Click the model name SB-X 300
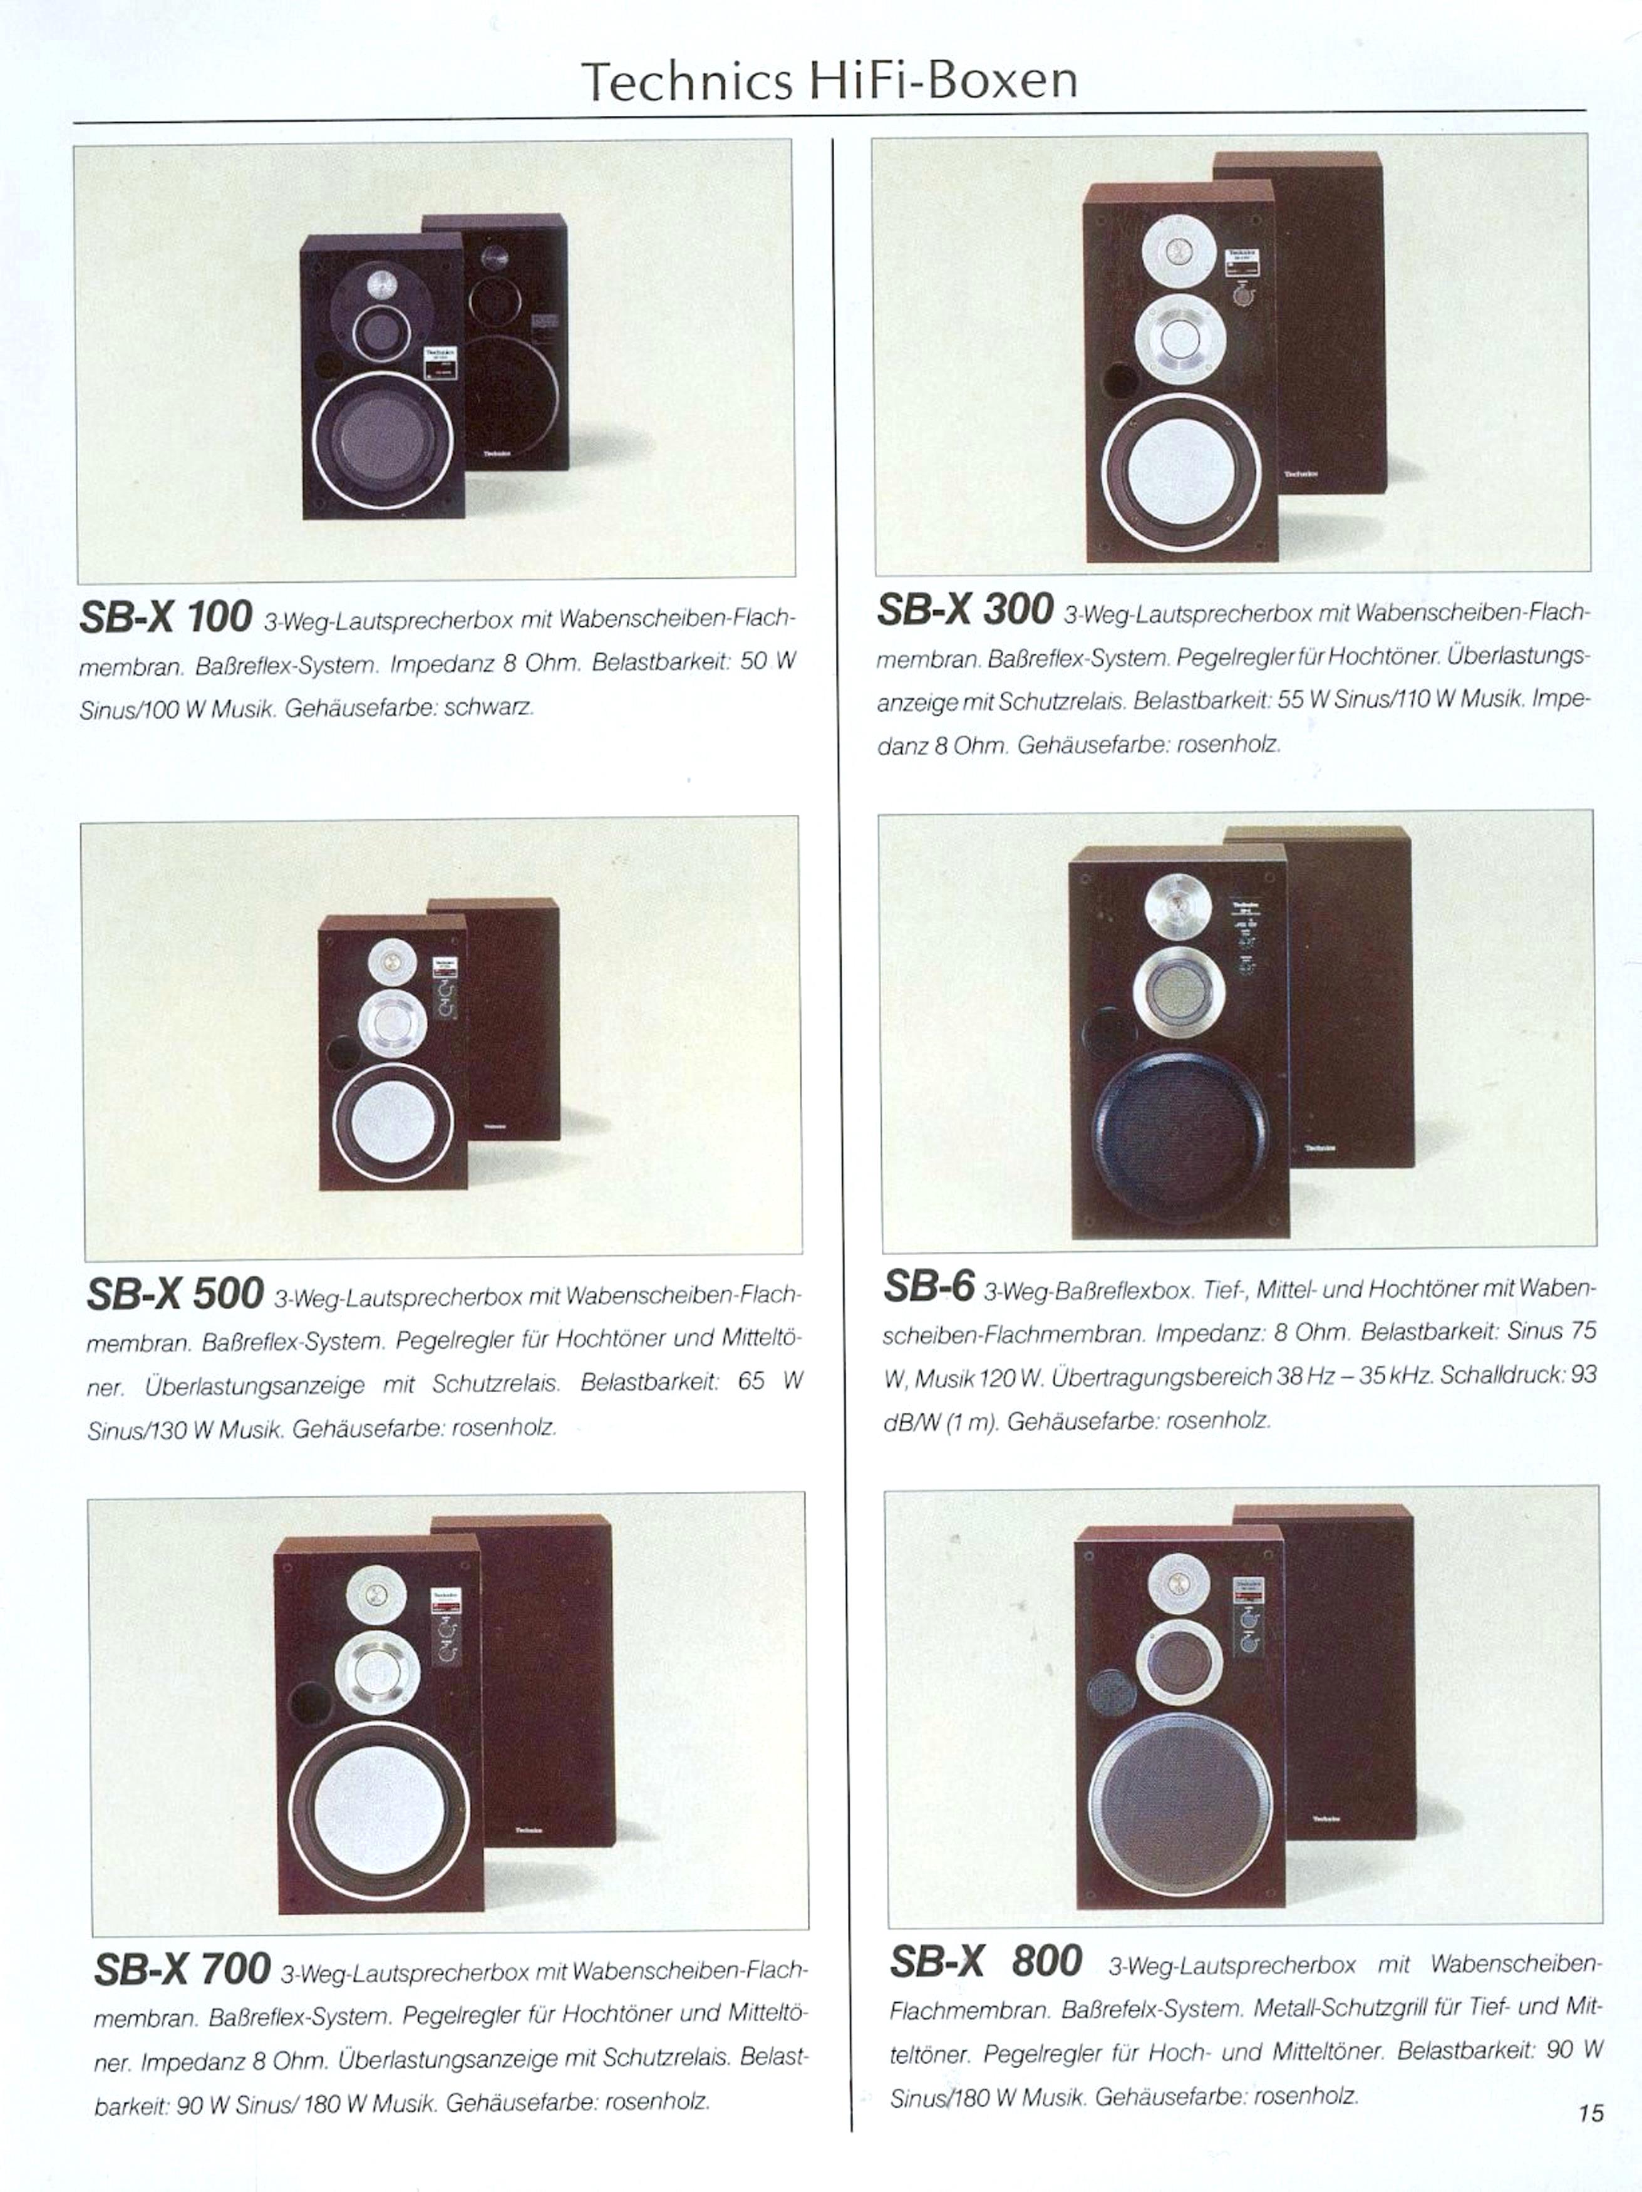(x=964, y=609)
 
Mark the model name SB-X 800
(x=985, y=1960)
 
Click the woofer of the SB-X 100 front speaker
(x=383, y=438)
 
